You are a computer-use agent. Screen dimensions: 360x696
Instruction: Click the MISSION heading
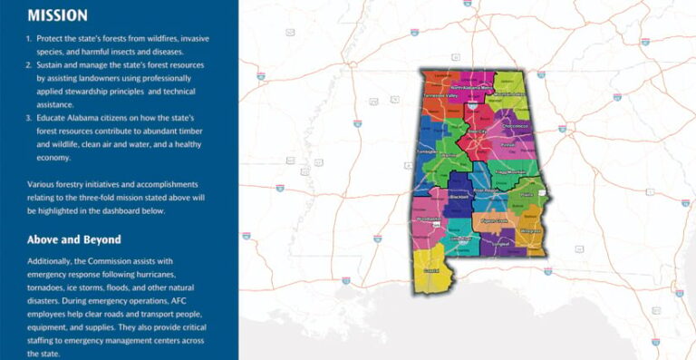tap(57, 15)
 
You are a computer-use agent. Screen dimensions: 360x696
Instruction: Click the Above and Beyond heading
tap(72, 240)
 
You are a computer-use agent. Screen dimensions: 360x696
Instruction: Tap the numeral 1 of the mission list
tap(28, 39)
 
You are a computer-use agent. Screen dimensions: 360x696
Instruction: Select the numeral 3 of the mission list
tap(28, 118)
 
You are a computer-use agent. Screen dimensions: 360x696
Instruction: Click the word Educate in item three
tap(52, 118)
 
